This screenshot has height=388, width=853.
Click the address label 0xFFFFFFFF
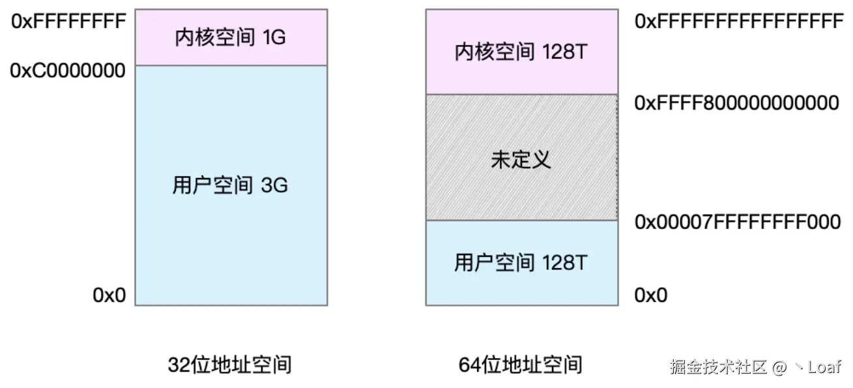(x=68, y=21)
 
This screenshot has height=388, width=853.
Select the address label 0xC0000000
(x=68, y=70)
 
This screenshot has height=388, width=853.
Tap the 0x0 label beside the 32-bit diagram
(x=108, y=295)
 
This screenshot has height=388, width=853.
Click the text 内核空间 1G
(x=231, y=38)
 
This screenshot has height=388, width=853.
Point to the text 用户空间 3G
(x=230, y=185)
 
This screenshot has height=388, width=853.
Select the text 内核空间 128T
(x=521, y=52)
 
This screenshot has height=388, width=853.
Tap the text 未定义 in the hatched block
(x=521, y=159)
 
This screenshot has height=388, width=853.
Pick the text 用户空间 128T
(x=521, y=263)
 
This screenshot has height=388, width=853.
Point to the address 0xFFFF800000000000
(x=737, y=103)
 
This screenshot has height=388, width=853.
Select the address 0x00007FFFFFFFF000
(x=738, y=222)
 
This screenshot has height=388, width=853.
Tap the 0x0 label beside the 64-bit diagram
(x=651, y=295)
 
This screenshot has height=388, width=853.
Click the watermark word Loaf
(x=825, y=366)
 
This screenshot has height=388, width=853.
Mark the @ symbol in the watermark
(x=780, y=367)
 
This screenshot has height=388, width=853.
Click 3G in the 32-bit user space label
(x=274, y=185)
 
